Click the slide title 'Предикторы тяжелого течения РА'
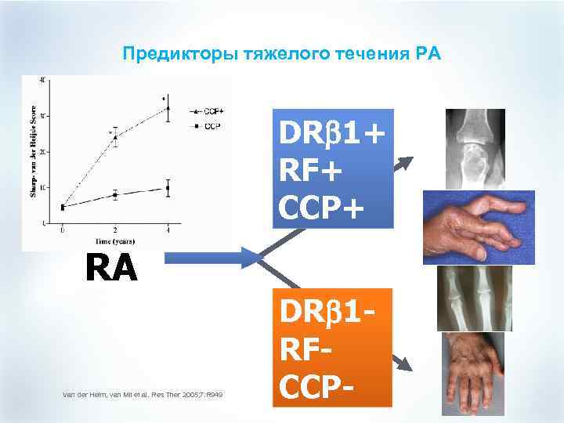282,54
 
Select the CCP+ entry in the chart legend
206,111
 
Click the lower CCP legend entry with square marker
205,125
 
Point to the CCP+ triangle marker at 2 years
115,137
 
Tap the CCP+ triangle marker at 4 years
167,109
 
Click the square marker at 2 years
115,194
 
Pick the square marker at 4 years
167,188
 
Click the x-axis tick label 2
115,231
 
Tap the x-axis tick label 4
167,231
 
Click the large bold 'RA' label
109,269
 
